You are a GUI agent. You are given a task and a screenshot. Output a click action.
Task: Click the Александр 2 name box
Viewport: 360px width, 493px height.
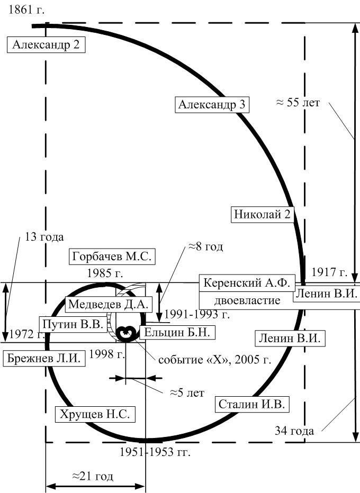46,44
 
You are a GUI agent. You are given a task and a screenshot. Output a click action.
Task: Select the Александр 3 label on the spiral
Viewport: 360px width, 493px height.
212,104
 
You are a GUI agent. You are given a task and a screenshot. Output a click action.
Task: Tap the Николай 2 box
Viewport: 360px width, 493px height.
263,214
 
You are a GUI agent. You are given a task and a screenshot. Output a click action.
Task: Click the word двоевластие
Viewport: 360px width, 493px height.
247,300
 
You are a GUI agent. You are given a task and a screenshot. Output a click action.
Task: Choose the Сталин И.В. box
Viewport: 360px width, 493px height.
252,404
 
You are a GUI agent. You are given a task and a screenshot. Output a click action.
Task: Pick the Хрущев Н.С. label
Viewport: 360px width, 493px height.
95,414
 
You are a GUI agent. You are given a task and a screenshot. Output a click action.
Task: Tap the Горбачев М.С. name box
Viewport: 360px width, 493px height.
112,257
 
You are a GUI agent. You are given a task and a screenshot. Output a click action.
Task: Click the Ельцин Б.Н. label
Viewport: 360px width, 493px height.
176,332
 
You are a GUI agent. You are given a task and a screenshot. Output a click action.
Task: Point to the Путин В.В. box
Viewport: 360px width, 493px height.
73,324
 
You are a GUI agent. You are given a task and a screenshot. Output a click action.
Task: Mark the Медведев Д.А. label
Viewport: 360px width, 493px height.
108,304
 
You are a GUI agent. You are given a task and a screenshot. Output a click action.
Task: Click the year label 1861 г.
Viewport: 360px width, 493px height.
26,10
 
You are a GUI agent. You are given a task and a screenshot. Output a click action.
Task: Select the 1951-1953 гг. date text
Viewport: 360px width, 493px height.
155,452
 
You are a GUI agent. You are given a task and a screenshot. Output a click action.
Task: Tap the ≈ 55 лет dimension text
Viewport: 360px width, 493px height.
298,103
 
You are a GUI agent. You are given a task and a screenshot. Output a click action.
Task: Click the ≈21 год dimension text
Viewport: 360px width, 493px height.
93,476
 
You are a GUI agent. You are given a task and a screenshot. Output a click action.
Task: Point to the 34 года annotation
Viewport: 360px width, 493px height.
294,431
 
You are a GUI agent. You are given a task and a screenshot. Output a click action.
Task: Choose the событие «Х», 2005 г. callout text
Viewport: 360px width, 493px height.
214,359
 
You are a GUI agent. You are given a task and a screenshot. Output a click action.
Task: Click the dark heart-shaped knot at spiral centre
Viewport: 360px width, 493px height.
126,333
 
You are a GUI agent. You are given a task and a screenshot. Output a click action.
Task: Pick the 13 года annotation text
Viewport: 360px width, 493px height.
44,237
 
